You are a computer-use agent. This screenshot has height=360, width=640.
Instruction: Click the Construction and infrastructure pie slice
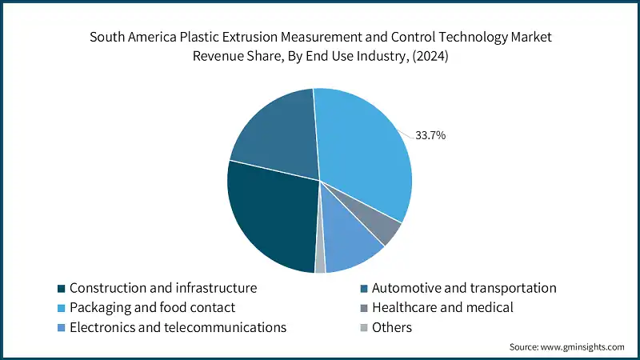pos(268,216)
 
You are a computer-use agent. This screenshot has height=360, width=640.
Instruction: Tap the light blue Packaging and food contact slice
pos(364,152)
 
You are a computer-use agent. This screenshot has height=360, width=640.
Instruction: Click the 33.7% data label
pos(430,135)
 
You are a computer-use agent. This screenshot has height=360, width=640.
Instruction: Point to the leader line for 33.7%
pos(409,133)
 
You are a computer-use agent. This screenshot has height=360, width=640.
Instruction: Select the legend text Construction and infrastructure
pos(163,287)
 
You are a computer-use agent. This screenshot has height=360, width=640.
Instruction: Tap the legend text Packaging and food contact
pos(152,307)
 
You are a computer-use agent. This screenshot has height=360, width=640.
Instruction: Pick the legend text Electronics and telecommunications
pos(178,327)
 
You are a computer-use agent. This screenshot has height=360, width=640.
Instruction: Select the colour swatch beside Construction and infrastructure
pos(62,288)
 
